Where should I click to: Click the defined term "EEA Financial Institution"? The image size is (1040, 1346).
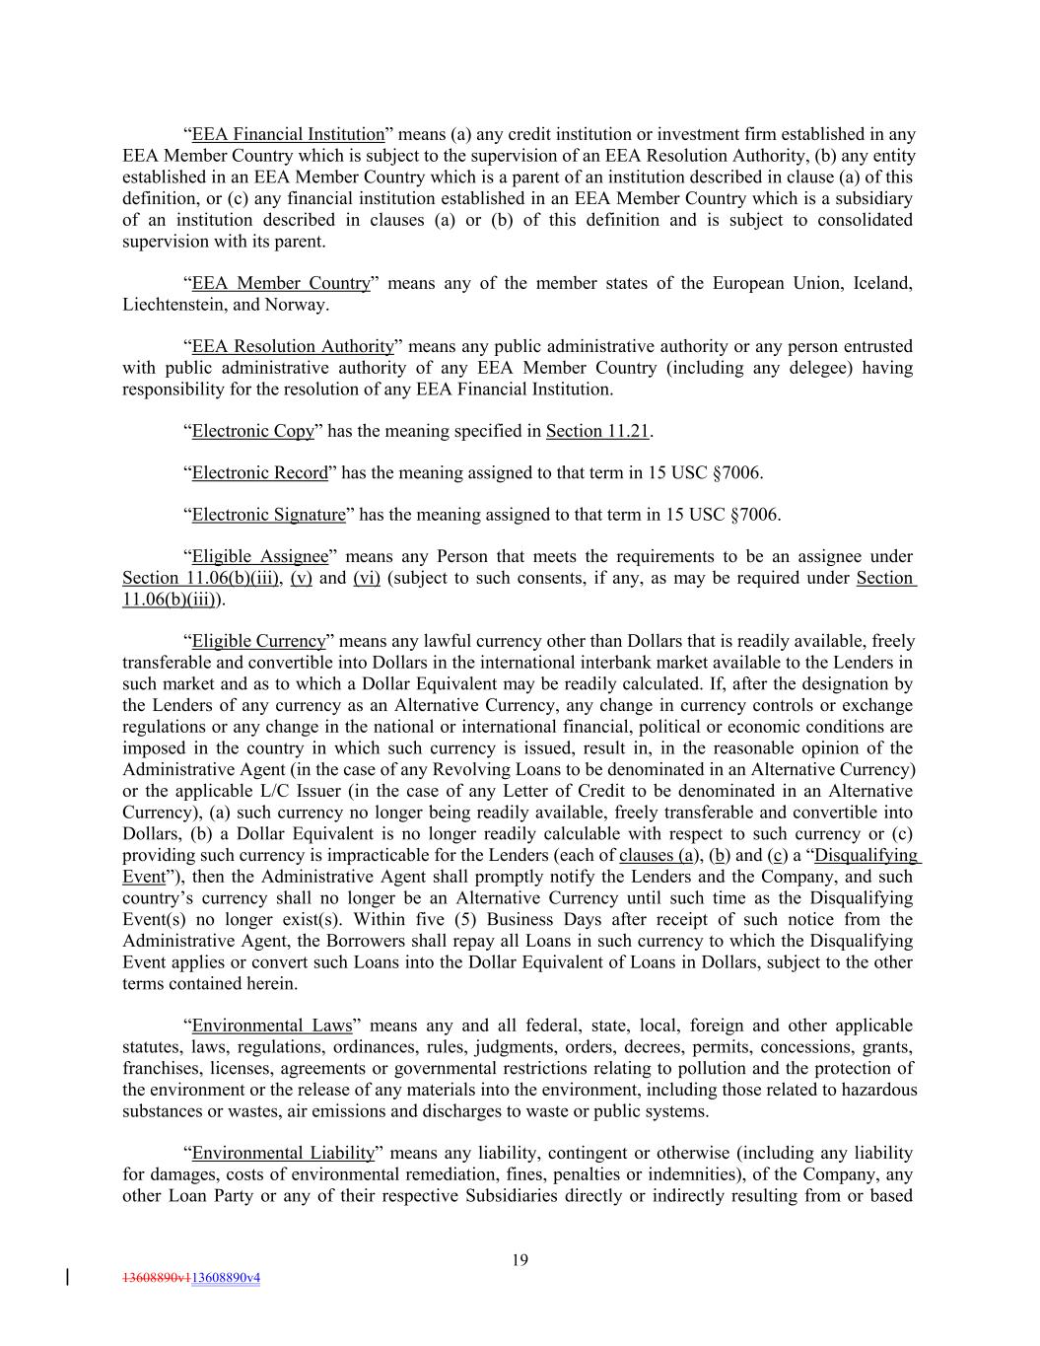coord(288,135)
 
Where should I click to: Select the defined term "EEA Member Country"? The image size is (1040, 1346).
coord(281,284)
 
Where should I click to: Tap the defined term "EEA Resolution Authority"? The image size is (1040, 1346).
coord(293,347)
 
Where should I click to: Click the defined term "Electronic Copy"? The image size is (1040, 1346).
coord(253,432)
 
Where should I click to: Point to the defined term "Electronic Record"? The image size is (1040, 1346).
coord(259,473)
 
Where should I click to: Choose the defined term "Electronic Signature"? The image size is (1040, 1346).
coord(269,515)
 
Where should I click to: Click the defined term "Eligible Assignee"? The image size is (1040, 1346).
coord(260,557)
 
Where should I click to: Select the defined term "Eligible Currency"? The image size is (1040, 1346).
coord(258,642)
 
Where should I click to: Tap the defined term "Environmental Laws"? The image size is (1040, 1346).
coord(272,1027)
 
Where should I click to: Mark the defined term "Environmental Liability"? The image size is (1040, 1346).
coord(284,1154)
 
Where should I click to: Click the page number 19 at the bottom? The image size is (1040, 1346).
coord(520,1259)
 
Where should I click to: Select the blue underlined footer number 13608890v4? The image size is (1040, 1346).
coord(226,1278)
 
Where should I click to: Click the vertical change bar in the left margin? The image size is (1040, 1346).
coord(67,1277)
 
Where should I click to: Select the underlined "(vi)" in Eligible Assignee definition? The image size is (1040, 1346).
coord(367,578)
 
